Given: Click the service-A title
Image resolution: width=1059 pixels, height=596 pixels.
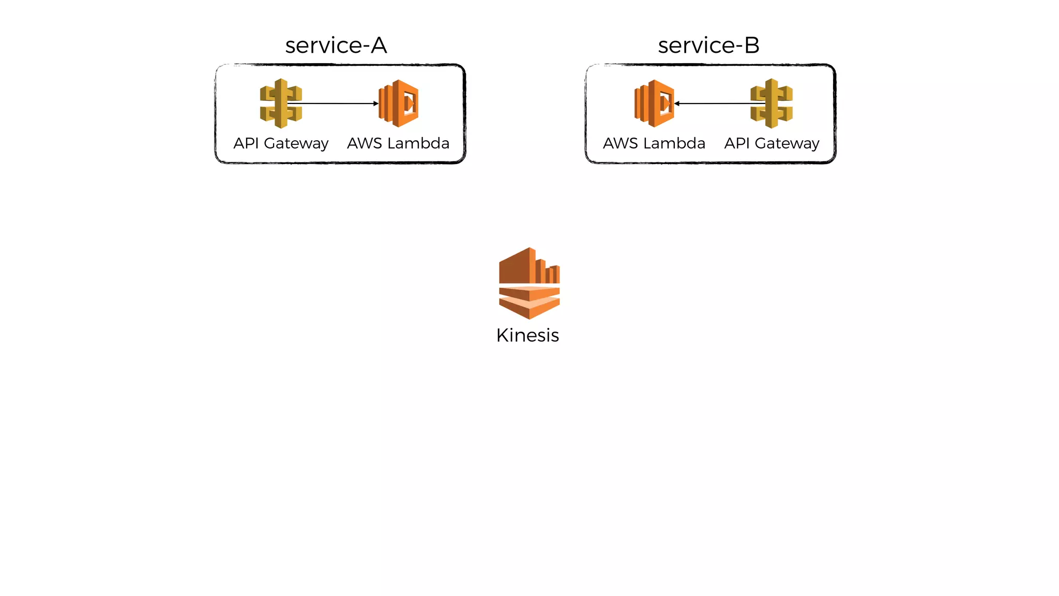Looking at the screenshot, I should pyautogui.click(x=336, y=46).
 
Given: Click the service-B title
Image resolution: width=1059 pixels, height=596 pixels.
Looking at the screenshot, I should pyautogui.click(x=708, y=46).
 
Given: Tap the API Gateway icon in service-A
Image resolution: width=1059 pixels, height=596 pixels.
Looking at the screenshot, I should pyautogui.click(x=281, y=103).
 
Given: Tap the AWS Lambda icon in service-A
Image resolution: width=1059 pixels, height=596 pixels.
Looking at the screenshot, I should pyautogui.click(x=398, y=103).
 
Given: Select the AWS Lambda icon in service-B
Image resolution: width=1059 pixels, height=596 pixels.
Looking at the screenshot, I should pyautogui.click(x=654, y=103).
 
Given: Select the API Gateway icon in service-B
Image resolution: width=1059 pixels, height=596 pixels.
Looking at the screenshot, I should pyautogui.click(x=771, y=103).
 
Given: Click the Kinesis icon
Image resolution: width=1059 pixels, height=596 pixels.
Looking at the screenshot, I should pyautogui.click(x=529, y=283).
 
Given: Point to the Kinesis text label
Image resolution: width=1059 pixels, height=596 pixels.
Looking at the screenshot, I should pyautogui.click(x=527, y=335).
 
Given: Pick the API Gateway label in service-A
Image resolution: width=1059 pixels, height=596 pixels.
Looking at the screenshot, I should pyautogui.click(x=281, y=143).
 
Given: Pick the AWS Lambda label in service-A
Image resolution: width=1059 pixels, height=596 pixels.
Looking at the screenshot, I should pyautogui.click(x=398, y=143).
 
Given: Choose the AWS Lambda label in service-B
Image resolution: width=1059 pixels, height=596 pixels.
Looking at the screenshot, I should pyautogui.click(x=654, y=143).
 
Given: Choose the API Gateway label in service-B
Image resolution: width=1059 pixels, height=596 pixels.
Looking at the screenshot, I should pyautogui.click(x=771, y=143).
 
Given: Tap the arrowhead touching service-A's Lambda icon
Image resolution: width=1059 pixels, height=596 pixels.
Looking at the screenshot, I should pyautogui.click(x=376, y=103).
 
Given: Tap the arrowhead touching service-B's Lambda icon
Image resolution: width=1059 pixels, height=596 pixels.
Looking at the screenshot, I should pyautogui.click(x=677, y=103).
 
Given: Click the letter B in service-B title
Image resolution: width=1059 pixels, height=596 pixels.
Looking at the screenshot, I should pyautogui.click(x=752, y=46).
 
